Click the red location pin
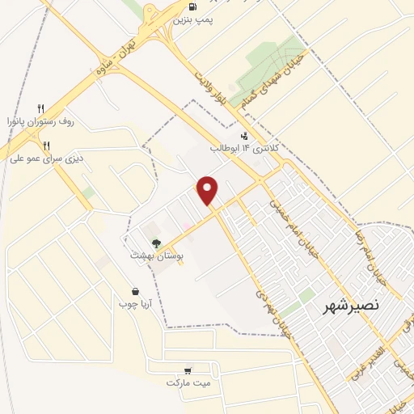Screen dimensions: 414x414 209,190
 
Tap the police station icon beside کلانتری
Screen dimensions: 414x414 244,135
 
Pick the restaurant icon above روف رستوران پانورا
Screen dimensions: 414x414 40,108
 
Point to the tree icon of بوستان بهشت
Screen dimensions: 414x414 157,243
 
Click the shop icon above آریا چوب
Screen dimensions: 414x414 135,291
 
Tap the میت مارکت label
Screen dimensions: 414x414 188,382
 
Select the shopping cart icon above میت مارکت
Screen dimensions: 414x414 188,369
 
